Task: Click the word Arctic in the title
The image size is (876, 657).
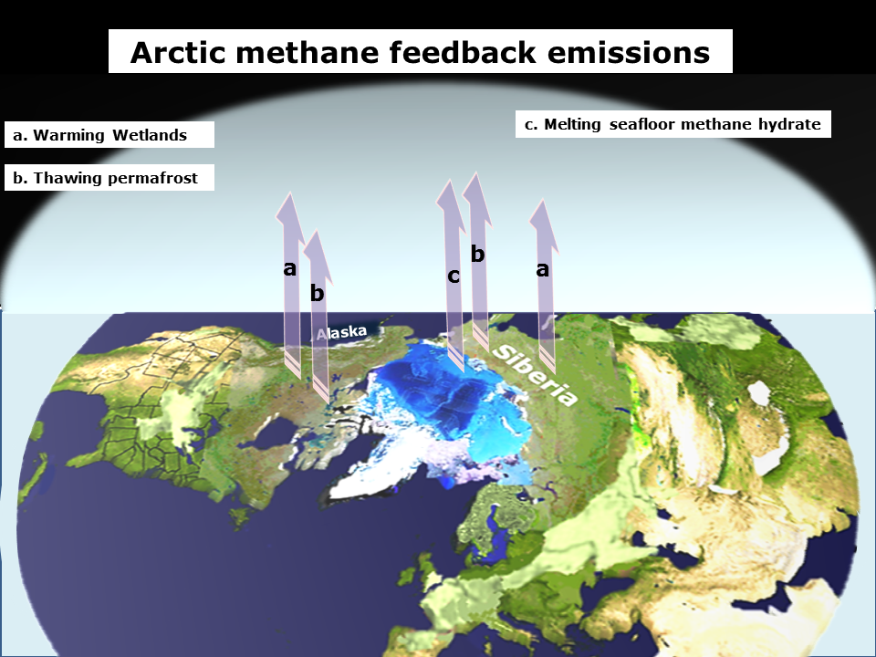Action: point(178,53)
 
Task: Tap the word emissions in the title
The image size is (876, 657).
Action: point(629,53)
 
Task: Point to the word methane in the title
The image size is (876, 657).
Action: point(308,53)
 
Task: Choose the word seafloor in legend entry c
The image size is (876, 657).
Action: point(642,125)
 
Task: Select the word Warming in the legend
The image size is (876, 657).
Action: point(68,135)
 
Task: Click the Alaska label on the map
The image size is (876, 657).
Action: point(341,332)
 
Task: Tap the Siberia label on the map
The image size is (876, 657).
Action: point(536,375)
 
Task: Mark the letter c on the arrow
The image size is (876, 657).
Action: point(454,276)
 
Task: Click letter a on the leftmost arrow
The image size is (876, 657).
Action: point(289,268)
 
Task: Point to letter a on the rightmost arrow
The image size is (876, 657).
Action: point(542,269)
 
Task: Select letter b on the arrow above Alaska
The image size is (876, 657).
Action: point(317,292)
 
